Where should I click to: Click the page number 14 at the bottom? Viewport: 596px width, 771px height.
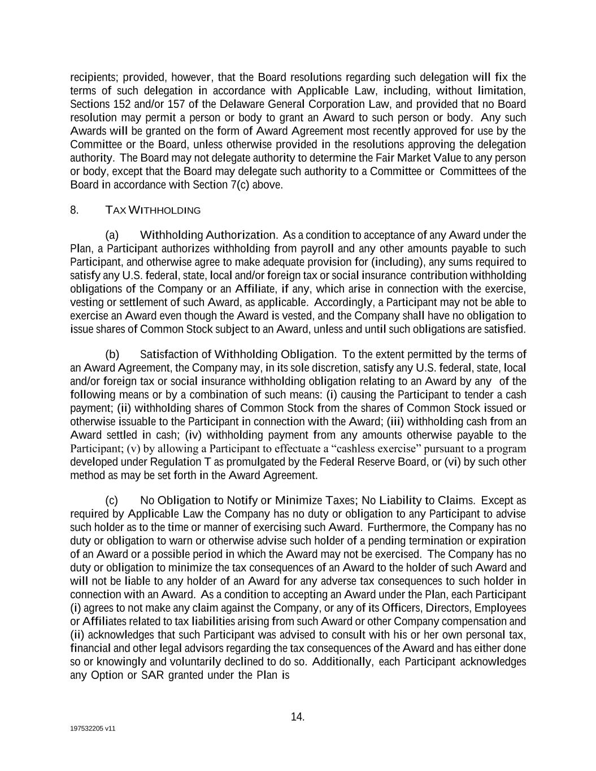pyautogui.click(x=297, y=717)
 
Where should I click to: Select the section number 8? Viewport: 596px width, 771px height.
pyautogui.click(x=74, y=210)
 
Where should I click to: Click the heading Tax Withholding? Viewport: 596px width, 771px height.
pyautogui.click(x=153, y=211)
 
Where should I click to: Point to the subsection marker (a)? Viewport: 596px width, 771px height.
pyautogui.click(x=112, y=235)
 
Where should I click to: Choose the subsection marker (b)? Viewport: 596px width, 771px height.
pyautogui.click(x=112, y=355)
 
